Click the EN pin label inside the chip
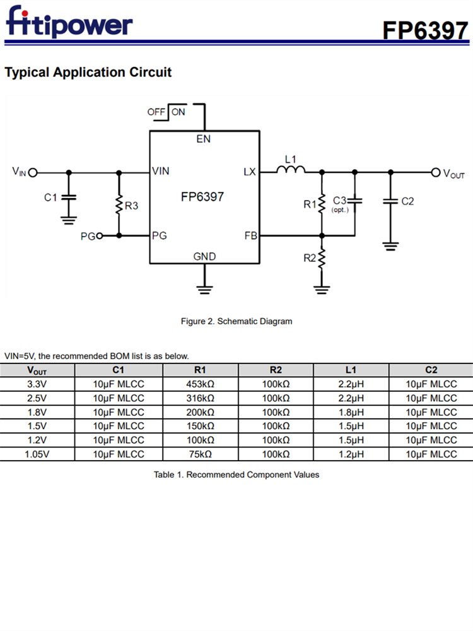[x=204, y=139]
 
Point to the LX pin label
[x=250, y=172]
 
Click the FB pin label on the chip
[x=250, y=236]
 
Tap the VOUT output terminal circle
[x=435, y=172]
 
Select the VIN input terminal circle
[x=33, y=172]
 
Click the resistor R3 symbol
[x=119, y=205]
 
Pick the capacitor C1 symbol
[x=69, y=198]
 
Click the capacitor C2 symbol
[x=391, y=202]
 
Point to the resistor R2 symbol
[x=322, y=258]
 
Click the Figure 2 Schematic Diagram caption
[x=237, y=321]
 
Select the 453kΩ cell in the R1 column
[x=201, y=384]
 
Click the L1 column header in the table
[x=351, y=370]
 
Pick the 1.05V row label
[x=37, y=454]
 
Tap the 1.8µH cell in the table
[x=351, y=412]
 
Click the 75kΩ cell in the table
[x=201, y=454]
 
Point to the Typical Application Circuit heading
[x=88, y=72]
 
